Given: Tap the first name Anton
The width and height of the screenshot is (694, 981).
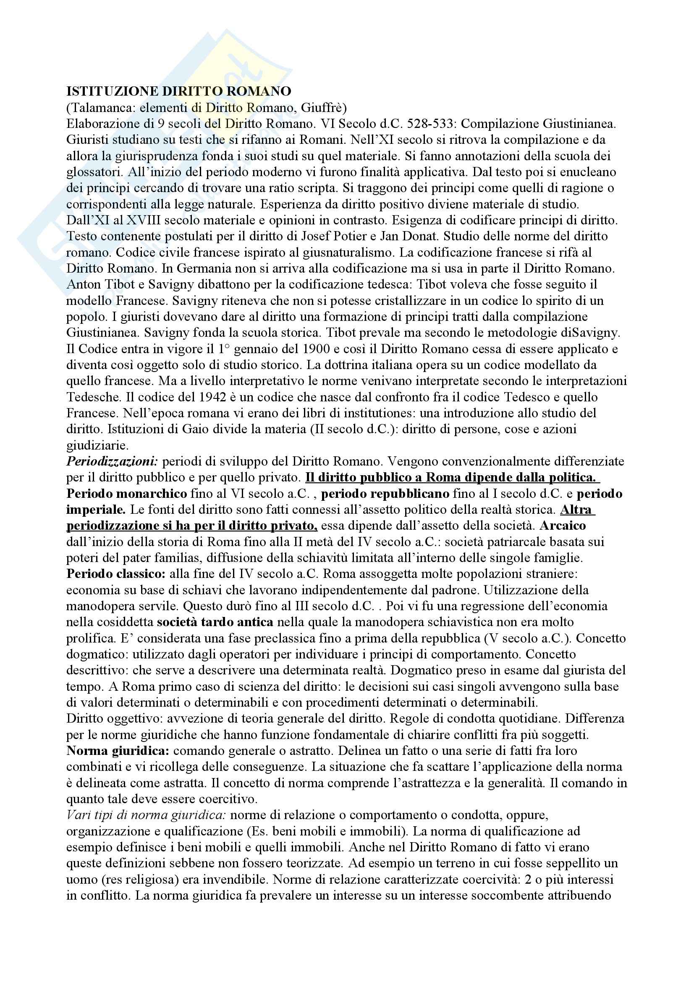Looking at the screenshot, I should (x=83, y=284).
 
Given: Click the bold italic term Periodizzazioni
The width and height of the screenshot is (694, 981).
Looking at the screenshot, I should (x=113, y=461).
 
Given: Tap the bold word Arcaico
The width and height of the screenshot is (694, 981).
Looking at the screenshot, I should (x=563, y=525).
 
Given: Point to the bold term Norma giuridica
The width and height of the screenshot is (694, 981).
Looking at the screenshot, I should (x=118, y=751).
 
